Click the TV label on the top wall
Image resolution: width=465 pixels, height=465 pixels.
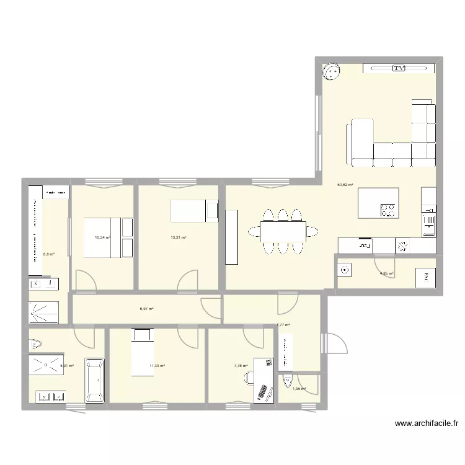pos(399,68)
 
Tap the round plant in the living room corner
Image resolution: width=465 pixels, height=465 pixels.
pos(331,72)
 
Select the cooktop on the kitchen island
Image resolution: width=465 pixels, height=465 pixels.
pos(389,211)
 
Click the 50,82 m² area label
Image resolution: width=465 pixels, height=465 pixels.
pos(345,184)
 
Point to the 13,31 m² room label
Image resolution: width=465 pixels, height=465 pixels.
pos(179,237)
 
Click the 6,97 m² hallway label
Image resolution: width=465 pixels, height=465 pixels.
pos(146,309)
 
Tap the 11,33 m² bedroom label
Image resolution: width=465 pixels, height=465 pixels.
pos(157,366)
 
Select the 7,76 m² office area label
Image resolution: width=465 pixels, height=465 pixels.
pos(241,366)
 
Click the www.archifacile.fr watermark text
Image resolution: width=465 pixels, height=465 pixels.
pos(426,424)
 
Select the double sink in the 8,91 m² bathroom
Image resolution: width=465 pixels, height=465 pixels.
pos(51,396)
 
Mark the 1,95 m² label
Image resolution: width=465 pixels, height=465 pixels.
pos(299,389)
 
